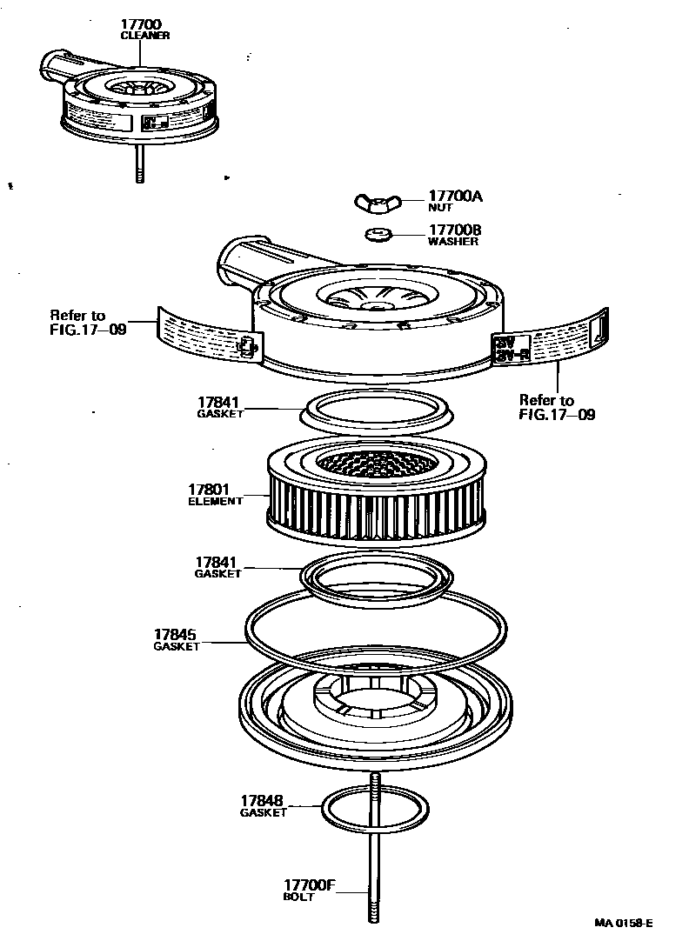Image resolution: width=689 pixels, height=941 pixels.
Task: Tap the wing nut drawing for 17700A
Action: point(373,203)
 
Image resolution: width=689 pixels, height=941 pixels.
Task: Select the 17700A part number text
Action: point(454,197)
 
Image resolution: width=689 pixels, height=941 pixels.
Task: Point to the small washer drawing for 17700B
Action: point(377,233)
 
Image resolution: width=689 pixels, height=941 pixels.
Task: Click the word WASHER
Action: point(452,242)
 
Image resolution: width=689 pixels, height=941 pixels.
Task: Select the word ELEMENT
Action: point(216,502)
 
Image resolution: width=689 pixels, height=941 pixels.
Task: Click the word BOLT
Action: point(298,897)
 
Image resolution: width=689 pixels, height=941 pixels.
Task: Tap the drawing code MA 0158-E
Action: point(624,923)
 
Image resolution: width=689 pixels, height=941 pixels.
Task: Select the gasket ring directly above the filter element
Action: point(375,408)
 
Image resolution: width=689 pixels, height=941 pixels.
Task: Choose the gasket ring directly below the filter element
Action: point(375,576)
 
